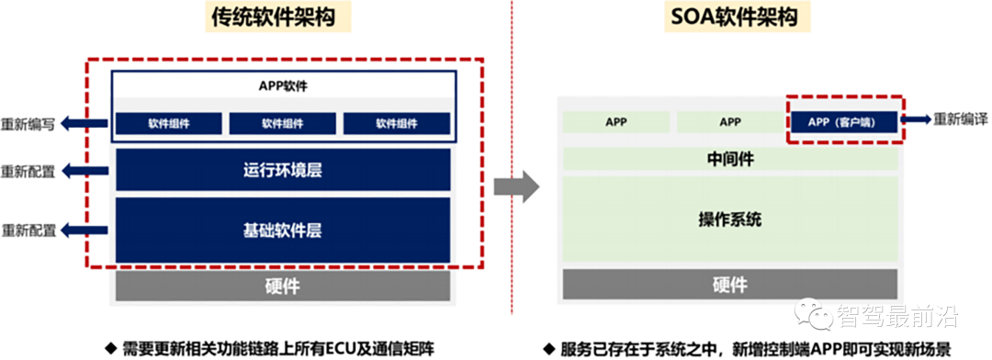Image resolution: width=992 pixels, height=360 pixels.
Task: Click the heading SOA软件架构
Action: pyautogui.click(x=730, y=18)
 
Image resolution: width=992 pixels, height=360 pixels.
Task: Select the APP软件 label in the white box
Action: pyautogui.click(x=283, y=86)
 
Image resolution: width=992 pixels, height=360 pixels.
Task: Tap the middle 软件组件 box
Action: pyautogui.click(x=283, y=124)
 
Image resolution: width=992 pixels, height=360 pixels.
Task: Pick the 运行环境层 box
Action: pyautogui.click(x=283, y=170)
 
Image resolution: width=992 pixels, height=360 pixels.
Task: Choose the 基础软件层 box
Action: pyautogui.click(x=283, y=229)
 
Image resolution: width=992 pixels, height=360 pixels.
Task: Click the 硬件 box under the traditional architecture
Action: pyautogui.click(x=283, y=287)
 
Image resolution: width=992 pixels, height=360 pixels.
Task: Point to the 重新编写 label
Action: pyautogui.click(x=28, y=125)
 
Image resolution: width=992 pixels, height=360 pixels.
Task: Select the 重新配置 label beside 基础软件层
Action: pyautogui.click(x=28, y=230)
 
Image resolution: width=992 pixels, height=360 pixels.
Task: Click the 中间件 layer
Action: pyautogui.click(x=730, y=159)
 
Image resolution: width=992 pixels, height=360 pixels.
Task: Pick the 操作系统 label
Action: pyautogui.click(x=730, y=220)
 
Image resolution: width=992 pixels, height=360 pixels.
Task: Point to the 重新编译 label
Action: pyautogui.click(x=961, y=119)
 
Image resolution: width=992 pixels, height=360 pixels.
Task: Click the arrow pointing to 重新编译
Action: pyautogui.click(x=915, y=119)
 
